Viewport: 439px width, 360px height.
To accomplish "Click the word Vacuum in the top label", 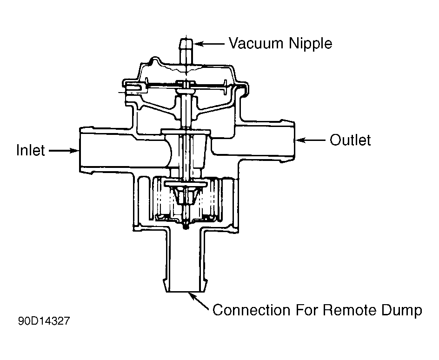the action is coord(256,43).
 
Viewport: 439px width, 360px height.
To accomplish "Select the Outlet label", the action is coord(350,140).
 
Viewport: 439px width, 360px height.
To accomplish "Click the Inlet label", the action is coord(31,150).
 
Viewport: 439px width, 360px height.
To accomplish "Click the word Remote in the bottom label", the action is coord(349,310).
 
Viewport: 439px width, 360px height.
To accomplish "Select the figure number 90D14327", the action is coord(44,321).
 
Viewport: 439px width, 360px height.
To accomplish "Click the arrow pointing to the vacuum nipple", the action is coord(209,44).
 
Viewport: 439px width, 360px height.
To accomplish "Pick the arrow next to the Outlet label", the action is coord(310,140).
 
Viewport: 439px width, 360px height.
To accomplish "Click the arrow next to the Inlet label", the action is coord(64,151).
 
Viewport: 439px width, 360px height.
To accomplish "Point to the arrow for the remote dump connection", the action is coord(199,301).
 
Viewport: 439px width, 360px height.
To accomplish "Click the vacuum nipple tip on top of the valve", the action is coord(186,42).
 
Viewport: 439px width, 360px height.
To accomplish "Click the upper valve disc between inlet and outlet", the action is coord(186,132).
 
